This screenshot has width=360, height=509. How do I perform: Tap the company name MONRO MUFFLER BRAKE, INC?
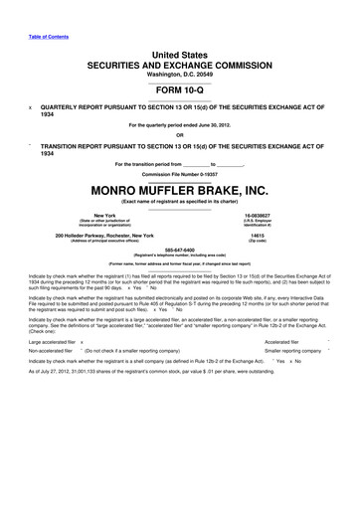180,189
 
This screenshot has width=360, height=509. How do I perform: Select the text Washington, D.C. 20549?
180,74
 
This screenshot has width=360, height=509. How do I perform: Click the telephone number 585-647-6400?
180,251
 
